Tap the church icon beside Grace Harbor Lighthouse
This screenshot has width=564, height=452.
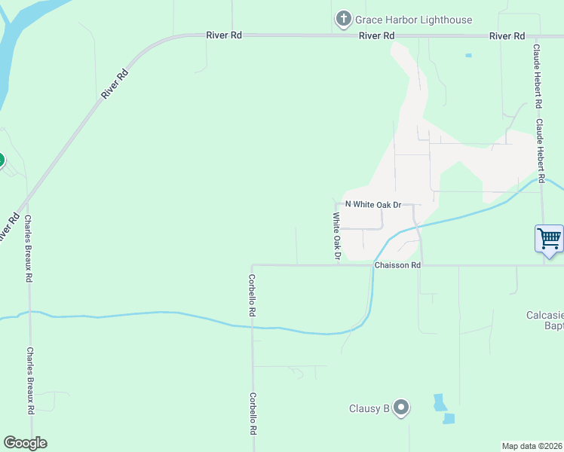(344, 19)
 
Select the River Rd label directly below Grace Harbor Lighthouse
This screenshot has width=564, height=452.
(377, 35)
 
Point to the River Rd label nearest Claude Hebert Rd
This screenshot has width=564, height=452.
(507, 35)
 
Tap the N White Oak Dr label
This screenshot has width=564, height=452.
(372, 204)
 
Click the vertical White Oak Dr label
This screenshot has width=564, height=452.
(337, 237)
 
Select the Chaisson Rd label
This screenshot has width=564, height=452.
(397, 265)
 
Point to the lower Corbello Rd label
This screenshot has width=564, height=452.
(253, 415)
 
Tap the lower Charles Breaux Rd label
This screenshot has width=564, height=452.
(31, 381)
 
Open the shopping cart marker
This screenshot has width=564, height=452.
(549, 239)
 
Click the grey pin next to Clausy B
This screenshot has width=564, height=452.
(401, 408)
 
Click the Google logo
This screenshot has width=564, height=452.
(25, 443)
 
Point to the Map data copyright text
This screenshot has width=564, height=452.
(532, 446)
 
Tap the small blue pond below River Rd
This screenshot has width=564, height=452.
(468, 55)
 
